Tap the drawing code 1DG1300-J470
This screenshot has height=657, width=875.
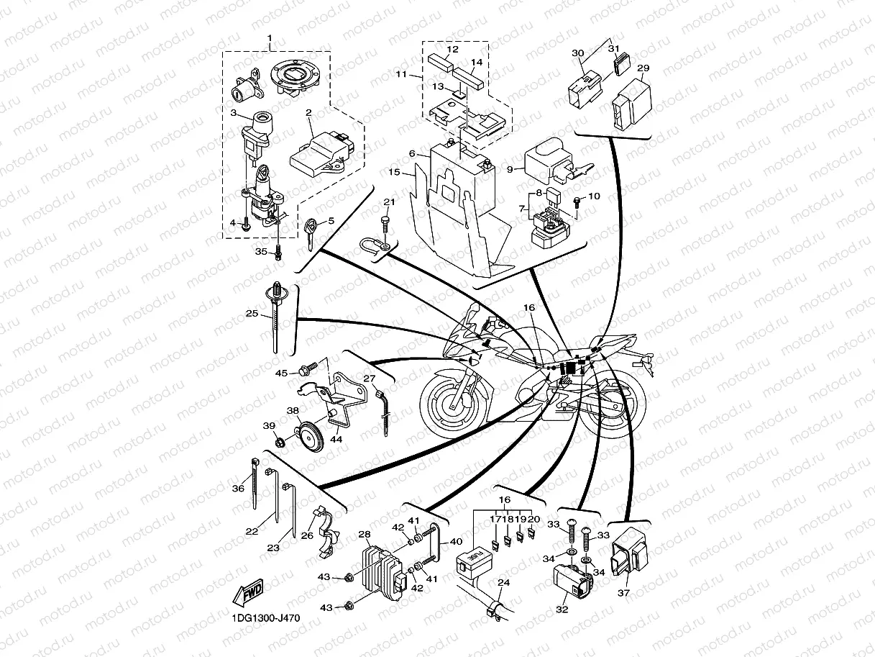click(x=265, y=618)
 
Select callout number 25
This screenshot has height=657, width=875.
click(x=251, y=314)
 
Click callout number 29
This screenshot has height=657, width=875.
click(x=643, y=68)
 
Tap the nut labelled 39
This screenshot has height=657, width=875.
click(x=280, y=443)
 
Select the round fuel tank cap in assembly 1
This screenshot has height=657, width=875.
click(x=293, y=76)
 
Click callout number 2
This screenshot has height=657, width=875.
click(x=308, y=113)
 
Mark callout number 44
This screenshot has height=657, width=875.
click(x=337, y=438)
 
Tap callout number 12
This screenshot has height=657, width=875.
click(x=452, y=50)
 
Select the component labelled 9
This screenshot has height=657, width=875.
click(x=554, y=163)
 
